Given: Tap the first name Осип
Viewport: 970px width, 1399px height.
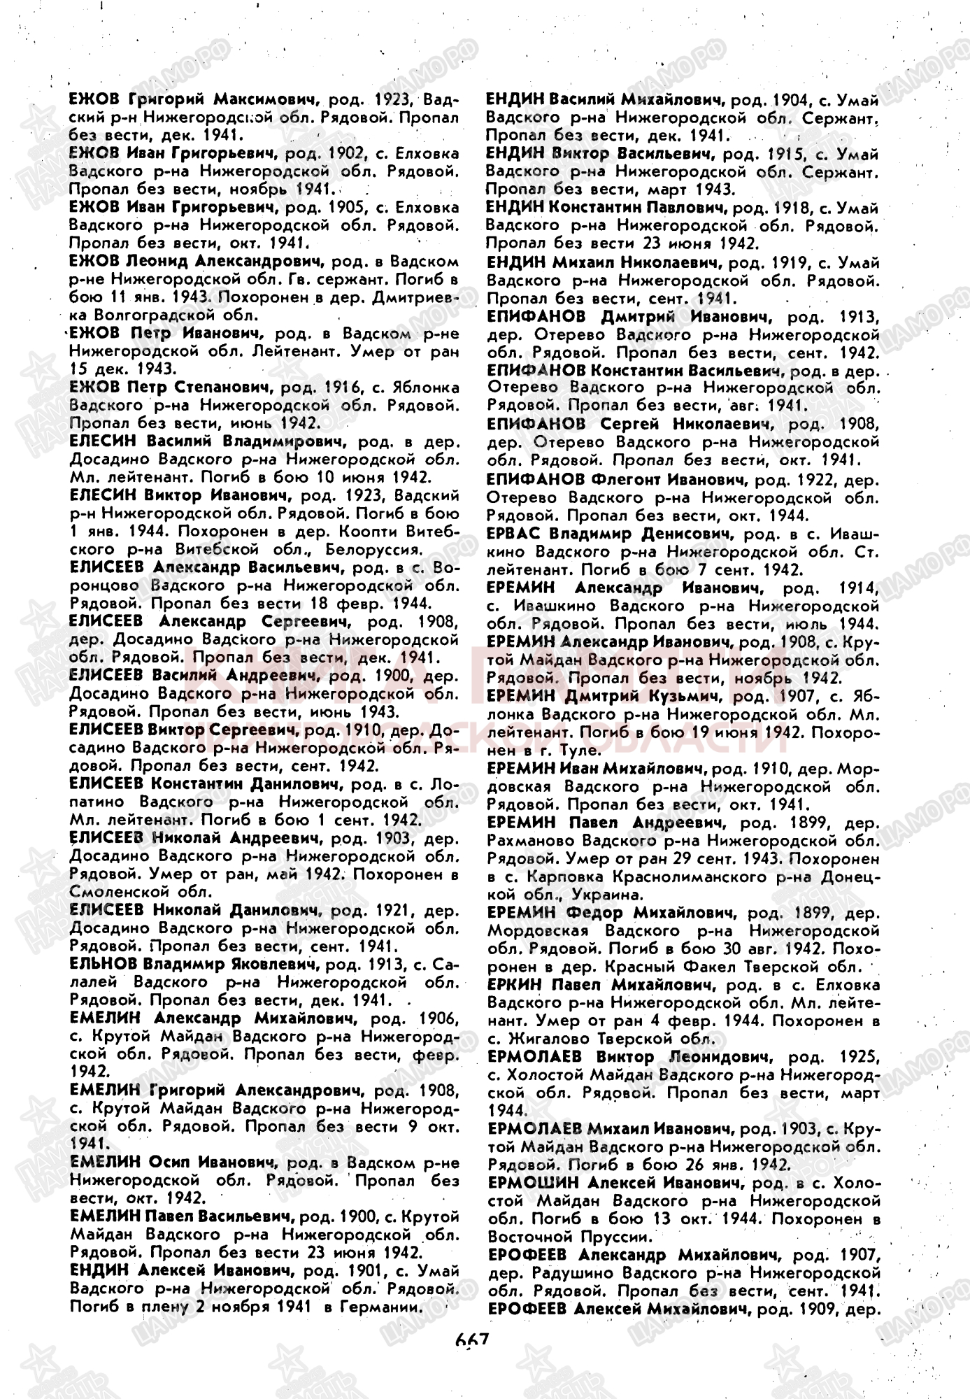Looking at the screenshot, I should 171,1163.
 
